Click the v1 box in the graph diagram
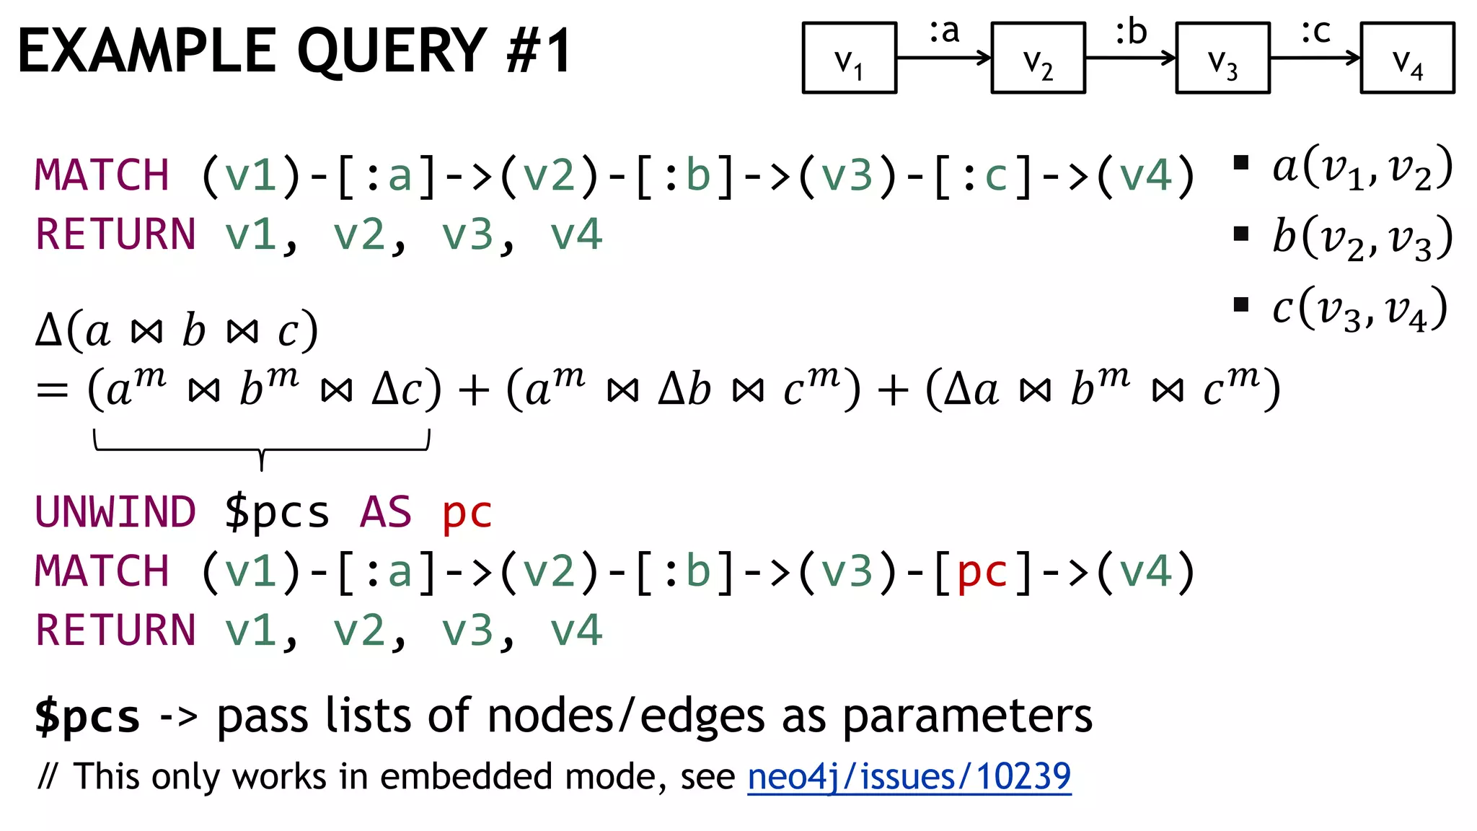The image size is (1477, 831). click(849, 58)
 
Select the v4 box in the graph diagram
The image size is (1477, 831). click(1407, 58)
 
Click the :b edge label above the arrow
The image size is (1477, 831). click(1130, 32)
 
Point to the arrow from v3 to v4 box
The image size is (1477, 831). click(1314, 58)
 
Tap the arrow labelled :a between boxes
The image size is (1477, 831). click(943, 58)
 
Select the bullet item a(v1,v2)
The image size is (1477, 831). click(1362, 167)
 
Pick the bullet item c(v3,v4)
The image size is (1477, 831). click(1359, 309)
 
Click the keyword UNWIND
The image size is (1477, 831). click(115, 512)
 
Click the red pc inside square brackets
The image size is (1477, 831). click(982, 573)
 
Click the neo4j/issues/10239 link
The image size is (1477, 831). click(909, 777)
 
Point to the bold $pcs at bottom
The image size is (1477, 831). click(87, 717)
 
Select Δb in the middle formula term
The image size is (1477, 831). click(684, 390)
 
